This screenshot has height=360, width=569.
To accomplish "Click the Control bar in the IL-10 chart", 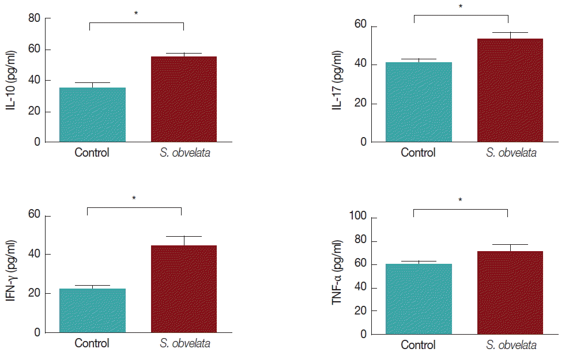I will pos(92,115).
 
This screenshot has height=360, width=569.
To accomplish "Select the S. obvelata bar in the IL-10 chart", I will pos(184,99).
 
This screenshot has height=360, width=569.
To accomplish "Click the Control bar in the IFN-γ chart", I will pos(92,310).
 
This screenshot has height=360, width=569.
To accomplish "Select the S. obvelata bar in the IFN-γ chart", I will pos(184,289).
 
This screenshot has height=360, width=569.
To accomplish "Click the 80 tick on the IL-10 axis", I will pos(35,18).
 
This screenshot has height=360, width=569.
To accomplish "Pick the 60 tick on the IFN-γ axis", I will pos(35,215).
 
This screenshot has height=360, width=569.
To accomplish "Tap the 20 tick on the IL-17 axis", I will pos(361,104).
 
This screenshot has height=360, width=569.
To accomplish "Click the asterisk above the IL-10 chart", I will pos(136,13).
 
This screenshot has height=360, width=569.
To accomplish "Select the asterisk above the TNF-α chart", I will pos(460,201).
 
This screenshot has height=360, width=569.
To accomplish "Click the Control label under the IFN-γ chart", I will pos(92,344).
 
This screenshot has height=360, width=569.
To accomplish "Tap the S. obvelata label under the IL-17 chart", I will pos(511,153).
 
